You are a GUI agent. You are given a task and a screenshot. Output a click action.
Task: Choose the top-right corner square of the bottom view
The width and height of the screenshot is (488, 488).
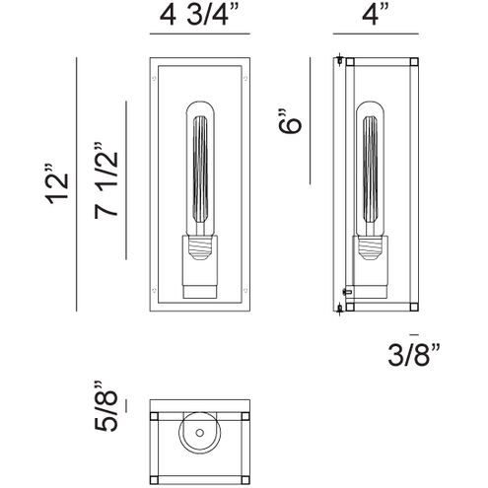[246, 417]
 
